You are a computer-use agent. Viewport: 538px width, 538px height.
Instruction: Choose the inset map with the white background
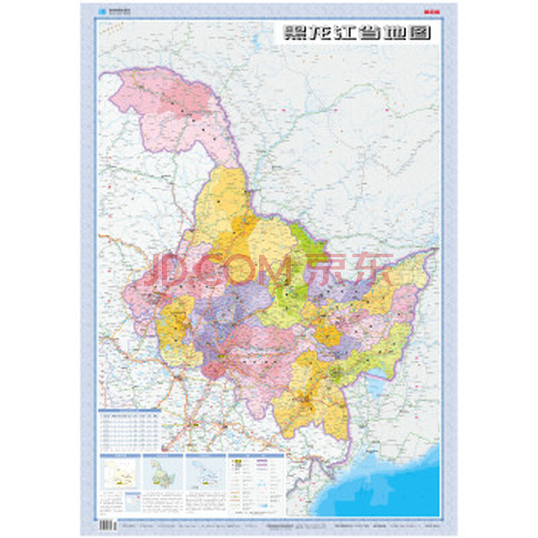coord(120,473)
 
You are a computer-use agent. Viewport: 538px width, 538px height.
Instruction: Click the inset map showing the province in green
coord(163,473)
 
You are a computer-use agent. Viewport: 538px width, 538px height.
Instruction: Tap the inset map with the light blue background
coord(206,473)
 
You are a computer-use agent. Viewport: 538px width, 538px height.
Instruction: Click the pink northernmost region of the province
coord(171,108)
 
